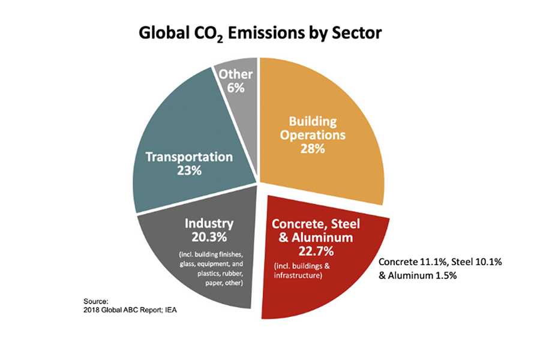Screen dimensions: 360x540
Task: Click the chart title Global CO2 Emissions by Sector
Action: pyautogui.click(x=260, y=33)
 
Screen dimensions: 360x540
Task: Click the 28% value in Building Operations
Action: pyautogui.click(x=311, y=148)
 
